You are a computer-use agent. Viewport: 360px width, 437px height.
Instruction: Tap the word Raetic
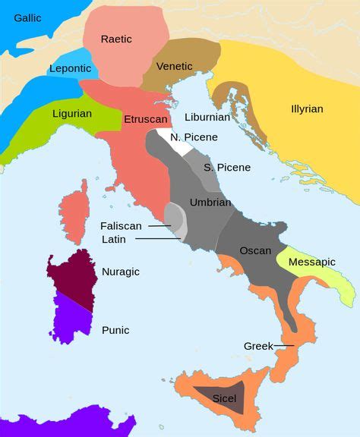[116, 39]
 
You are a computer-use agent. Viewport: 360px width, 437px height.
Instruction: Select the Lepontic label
[70, 68]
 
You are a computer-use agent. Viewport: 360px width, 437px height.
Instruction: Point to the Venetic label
[175, 67]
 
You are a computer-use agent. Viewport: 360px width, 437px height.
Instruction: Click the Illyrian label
[307, 108]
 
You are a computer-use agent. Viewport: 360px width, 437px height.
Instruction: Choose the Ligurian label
[72, 114]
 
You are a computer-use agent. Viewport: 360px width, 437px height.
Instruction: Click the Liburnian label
[207, 118]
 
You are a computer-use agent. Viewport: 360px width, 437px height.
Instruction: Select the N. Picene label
[194, 137]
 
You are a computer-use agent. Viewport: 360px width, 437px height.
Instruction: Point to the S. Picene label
[226, 167]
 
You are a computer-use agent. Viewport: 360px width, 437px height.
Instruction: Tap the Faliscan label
[122, 225]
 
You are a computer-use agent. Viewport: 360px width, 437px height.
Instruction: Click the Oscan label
[255, 250]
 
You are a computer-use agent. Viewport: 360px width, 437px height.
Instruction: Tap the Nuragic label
[121, 271]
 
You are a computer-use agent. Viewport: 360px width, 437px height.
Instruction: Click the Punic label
[115, 330]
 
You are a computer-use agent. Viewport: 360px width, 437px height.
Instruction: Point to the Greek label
[258, 346]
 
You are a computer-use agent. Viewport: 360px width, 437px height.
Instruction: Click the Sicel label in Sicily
[224, 398]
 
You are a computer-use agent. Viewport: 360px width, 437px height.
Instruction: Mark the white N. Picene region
[175, 142]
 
